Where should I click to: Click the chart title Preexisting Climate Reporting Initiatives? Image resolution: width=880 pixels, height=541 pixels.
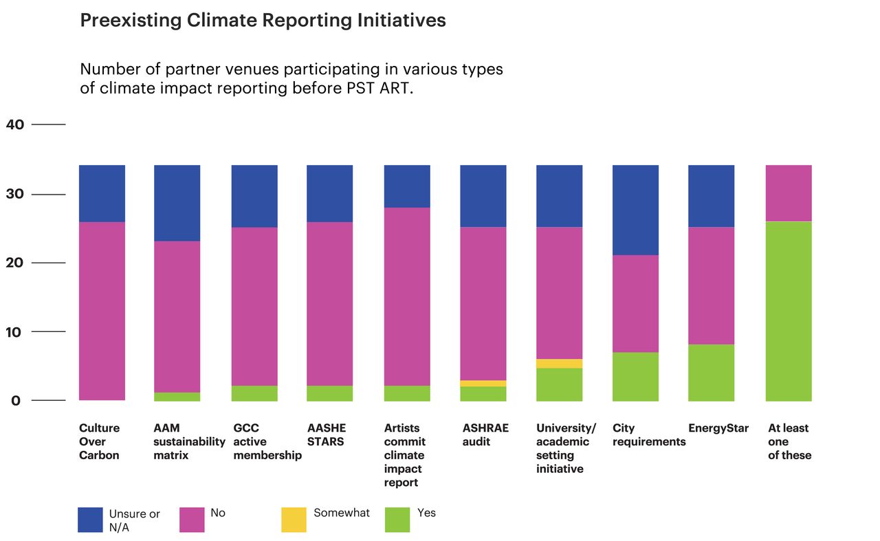(x=263, y=21)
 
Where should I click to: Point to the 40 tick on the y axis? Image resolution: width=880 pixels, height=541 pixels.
(x=15, y=124)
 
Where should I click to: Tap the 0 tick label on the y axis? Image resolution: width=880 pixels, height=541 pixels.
(x=15, y=401)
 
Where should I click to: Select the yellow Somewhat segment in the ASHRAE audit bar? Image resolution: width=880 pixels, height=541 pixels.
(x=484, y=383)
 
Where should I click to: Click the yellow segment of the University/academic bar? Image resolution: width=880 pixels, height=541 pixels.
(x=559, y=364)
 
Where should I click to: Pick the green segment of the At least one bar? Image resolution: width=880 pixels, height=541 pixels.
(x=789, y=311)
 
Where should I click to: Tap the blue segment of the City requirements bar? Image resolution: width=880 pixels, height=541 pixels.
(x=635, y=210)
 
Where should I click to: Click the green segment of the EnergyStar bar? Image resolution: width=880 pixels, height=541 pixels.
(x=711, y=372)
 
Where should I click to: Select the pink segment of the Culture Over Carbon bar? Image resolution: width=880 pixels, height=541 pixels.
(x=102, y=311)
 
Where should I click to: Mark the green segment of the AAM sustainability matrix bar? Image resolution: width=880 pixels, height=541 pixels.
(x=177, y=397)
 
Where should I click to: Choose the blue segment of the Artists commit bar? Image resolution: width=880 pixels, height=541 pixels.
(x=407, y=186)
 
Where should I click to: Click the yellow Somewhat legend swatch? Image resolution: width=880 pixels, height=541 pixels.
(x=294, y=520)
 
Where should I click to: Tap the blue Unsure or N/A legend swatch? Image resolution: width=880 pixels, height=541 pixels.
(x=90, y=520)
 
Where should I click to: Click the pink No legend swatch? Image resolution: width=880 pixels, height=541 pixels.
(x=192, y=520)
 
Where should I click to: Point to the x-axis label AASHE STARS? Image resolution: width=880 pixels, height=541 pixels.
(x=327, y=434)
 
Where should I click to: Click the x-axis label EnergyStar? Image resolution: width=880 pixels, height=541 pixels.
(x=718, y=428)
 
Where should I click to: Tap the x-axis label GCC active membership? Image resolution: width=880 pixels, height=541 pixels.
(x=267, y=441)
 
